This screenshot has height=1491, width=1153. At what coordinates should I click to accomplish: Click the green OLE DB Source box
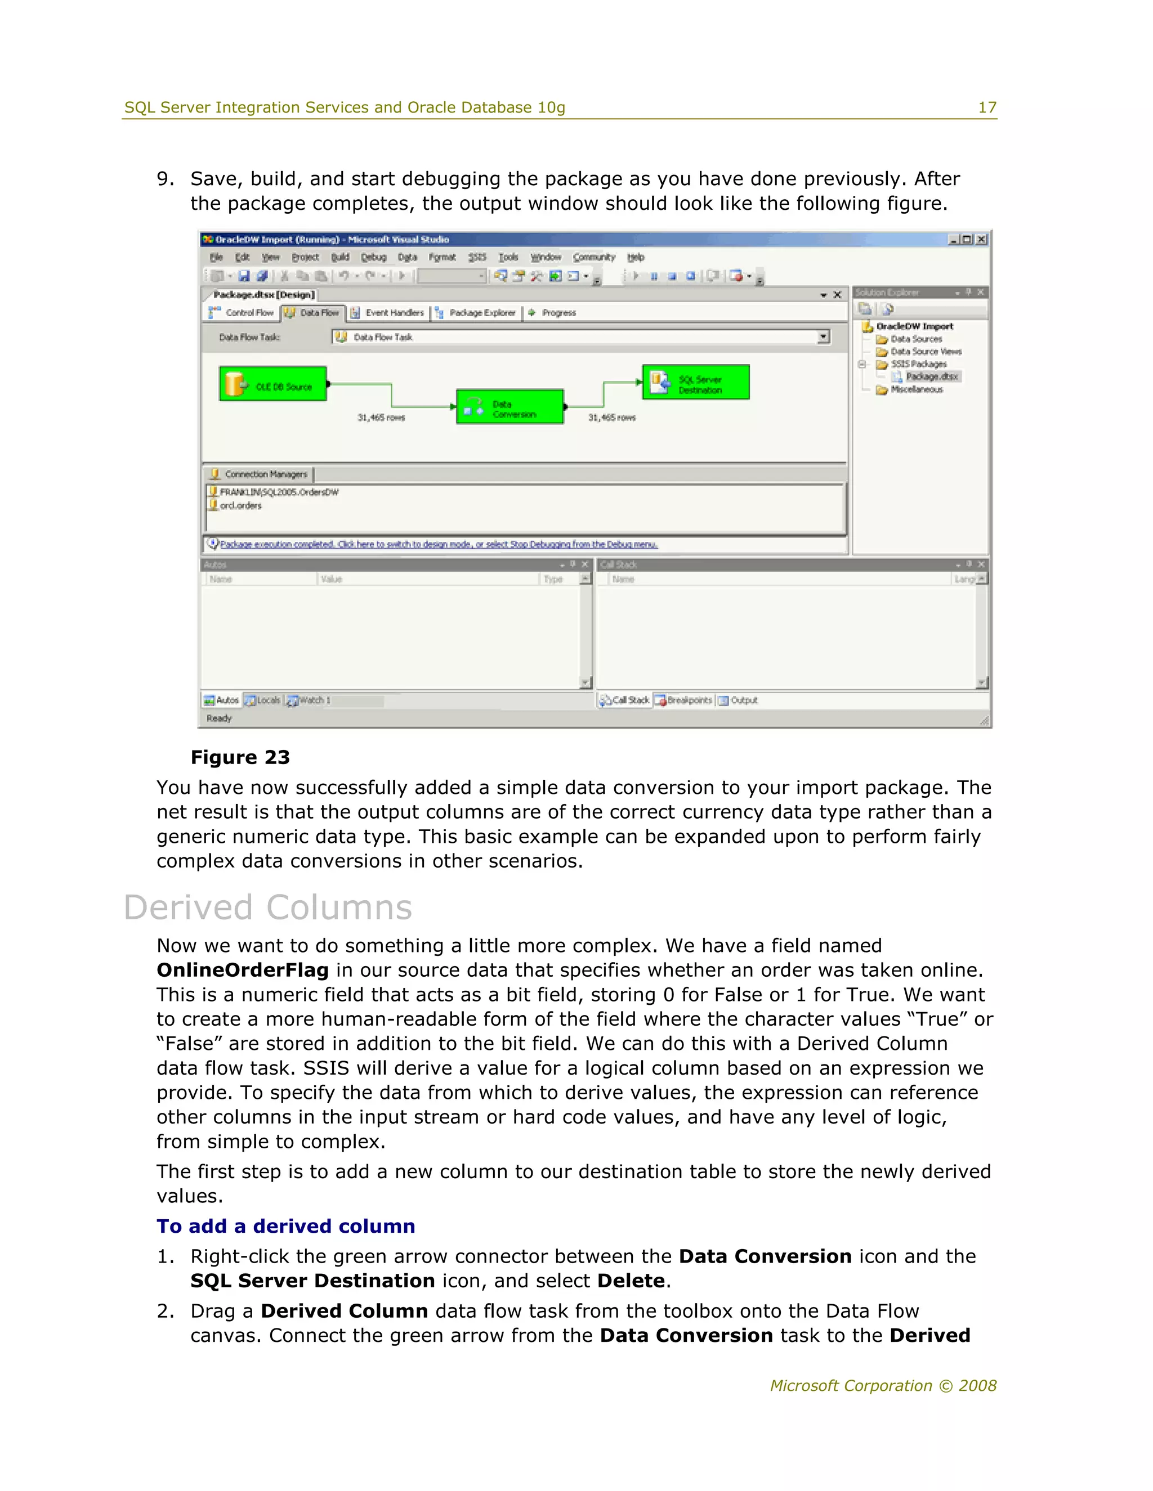tap(272, 384)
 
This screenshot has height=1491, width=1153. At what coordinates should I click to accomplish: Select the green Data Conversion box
tap(510, 407)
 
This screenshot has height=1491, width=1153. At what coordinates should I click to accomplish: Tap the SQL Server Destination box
tap(695, 382)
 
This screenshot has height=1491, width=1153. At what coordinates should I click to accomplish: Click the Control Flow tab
tap(243, 313)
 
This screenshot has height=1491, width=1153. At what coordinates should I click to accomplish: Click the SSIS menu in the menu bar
tap(477, 257)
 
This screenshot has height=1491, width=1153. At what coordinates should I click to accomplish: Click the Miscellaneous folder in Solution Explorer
tap(916, 390)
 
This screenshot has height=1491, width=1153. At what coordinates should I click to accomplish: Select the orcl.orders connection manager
tap(240, 506)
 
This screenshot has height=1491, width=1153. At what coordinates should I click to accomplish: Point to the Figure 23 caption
tap(240, 757)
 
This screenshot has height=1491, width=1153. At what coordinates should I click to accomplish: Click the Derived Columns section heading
tap(268, 908)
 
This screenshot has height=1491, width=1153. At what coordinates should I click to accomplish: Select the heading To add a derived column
tap(285, 1226)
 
